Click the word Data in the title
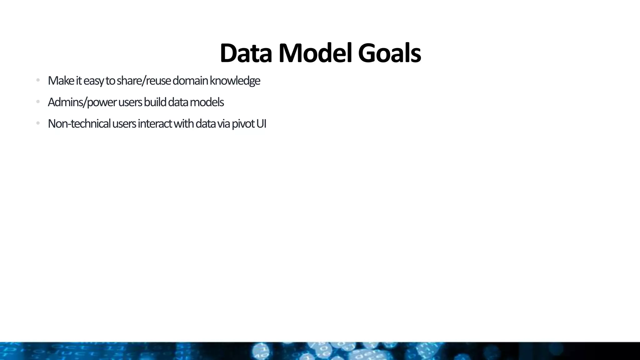[x=246, y=53]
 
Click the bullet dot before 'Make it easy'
[x=38, y=80]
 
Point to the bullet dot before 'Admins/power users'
[x=38, y=102]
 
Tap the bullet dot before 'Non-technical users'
[x=38, y=123]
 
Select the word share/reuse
[x=144, y=81]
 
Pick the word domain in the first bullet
[x=190, y=81]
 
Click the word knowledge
[x=235, y=81]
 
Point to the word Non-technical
[x=79, y=124]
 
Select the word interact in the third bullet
[x=155, y=124]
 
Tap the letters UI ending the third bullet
[x=261, y=124]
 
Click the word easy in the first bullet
[x=94, y=81]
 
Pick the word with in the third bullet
[x=184, y=124]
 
